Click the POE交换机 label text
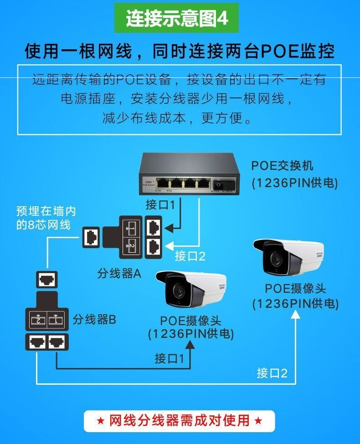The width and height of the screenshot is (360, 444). click(x=282, y=165)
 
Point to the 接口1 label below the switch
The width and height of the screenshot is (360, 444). click(x=160, y=204)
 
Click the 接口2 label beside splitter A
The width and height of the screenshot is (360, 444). click(x=190, y=256)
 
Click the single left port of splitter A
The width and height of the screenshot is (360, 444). click(x=91, y=236)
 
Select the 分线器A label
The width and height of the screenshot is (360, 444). click(x=119, y=273)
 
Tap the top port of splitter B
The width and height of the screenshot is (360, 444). click(x=47, y=279)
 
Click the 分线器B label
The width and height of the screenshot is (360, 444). click(x=94, y=319)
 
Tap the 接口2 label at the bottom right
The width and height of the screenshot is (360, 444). click(x=272, y=373)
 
